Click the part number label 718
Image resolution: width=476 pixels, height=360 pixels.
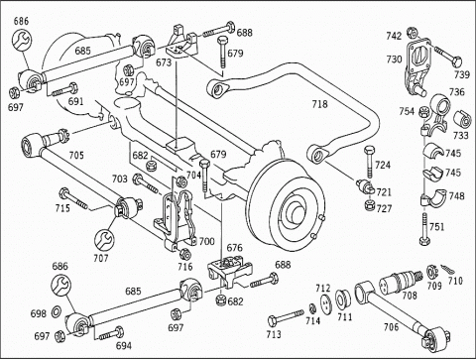319,104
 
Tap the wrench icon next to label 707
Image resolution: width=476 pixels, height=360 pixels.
104,240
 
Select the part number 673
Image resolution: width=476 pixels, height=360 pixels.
164,62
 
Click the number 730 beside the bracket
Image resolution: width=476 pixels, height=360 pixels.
395,60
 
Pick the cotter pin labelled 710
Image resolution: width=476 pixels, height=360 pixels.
445,270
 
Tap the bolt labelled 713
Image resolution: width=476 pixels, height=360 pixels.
286,316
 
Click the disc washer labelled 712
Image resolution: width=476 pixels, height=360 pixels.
326,303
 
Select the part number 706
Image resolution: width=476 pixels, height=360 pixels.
392,327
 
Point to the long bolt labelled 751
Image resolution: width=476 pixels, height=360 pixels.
424,229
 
